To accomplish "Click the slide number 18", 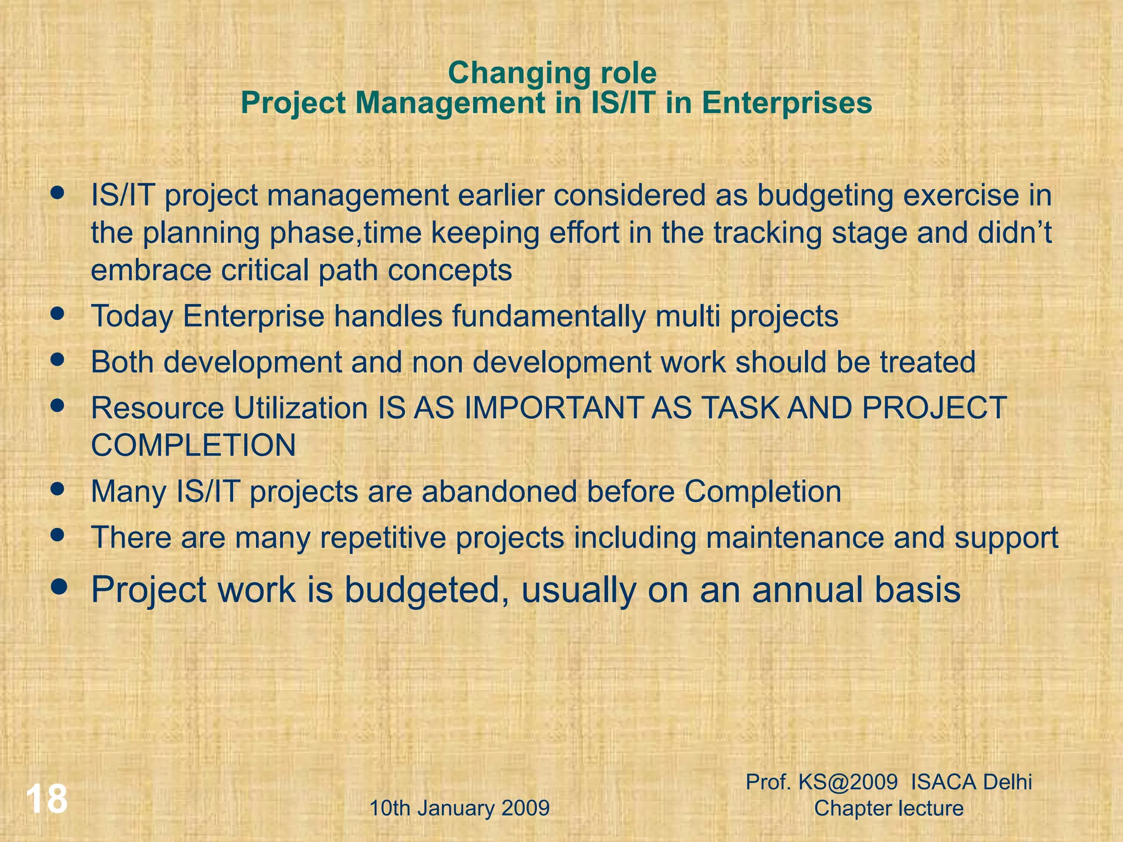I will [x=47, y=799].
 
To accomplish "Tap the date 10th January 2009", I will [x=460, y=808].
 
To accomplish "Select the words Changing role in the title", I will [x=552, y=73].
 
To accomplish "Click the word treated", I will [x=927, y=362].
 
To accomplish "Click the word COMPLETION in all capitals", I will [x=193, y=445].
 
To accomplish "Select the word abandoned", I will [x=499, y=491].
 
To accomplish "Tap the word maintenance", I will [x=795, y=537].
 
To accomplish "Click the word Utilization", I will [x=300, y=408].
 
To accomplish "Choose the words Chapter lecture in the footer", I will [x=888, y=808].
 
